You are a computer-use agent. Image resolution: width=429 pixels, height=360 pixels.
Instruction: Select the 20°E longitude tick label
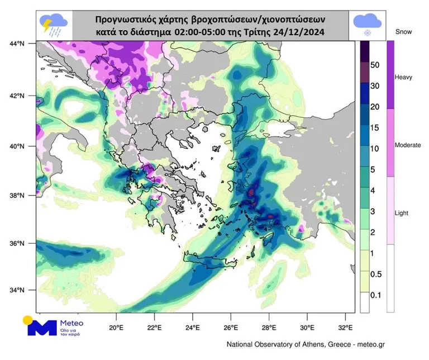[116, 328]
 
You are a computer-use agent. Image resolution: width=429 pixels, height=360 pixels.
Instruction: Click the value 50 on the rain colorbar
[375, 65]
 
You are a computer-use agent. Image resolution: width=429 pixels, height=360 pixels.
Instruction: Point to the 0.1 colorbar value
[375, 294]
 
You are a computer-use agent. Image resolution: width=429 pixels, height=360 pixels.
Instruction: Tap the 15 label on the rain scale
[375, 128]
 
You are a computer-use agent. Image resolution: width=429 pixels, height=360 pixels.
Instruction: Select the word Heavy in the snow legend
[403, 77]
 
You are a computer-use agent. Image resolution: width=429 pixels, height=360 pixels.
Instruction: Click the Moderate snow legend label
[408, 145]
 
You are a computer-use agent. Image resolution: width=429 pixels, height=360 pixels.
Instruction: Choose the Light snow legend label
[402, 214]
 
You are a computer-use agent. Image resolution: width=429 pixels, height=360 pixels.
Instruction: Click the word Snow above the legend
[403, 32]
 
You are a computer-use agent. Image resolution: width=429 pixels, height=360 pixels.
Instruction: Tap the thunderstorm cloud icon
[54, 25]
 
